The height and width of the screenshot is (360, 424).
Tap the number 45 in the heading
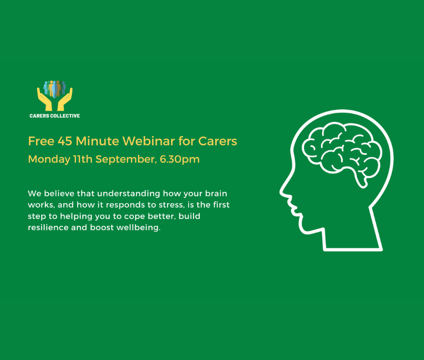tap(65, 141)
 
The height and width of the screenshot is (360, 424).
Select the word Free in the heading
tap(41, 141)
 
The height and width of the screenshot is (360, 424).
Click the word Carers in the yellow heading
tap(217, 141)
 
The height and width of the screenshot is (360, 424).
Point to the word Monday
tap(49, 159)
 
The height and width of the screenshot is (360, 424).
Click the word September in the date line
tap(126, 159)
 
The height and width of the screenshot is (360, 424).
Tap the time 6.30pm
tap(180, 159)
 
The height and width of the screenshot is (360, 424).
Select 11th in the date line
tap(83, 159)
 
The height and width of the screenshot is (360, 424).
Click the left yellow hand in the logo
tap(45, 99)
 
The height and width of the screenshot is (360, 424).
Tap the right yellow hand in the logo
tap(65, 99)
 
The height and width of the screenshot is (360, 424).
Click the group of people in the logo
tap(55, 89)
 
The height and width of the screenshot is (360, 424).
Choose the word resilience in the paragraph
tap(48, 228)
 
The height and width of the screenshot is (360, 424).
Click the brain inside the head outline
tap(342, 151)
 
